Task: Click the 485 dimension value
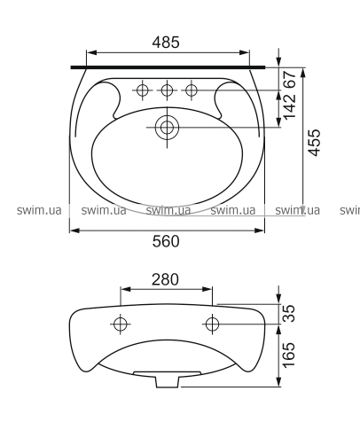click(166, 43)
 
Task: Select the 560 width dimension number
click(166, 241)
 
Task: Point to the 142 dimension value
click(290, 105)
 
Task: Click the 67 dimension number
click(290, 79)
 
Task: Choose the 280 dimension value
click(165, 279)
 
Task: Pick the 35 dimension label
click(289, 313)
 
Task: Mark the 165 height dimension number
click(289, 355)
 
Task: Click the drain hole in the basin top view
click(168, 128)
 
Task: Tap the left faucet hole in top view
click(143, 90)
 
